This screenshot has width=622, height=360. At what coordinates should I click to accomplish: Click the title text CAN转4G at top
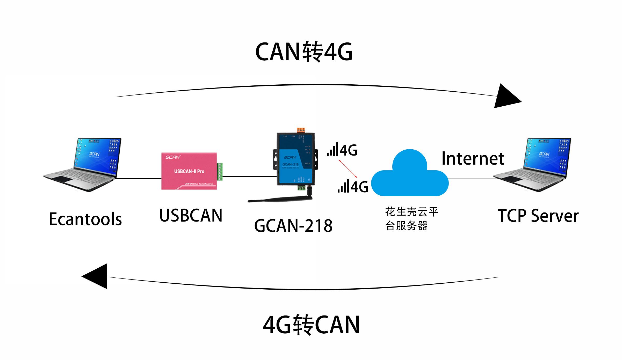[x=303, y=52]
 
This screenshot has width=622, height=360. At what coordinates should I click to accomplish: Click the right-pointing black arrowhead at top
[x=506, y=97]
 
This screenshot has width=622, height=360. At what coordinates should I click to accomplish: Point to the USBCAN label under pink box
[x=191, y=216]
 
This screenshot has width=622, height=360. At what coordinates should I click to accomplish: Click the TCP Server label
[x=538, y=216]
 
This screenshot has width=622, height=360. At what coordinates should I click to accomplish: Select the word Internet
[x=473, y=158]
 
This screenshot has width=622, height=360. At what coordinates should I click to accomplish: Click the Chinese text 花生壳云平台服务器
[x=411, y=219]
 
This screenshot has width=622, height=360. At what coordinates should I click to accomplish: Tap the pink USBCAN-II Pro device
[x=189, y=171]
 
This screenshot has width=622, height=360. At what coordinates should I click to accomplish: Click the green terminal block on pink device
[x=220, y=171]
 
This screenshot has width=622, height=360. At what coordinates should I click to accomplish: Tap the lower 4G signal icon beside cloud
[x=353, y=186]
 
